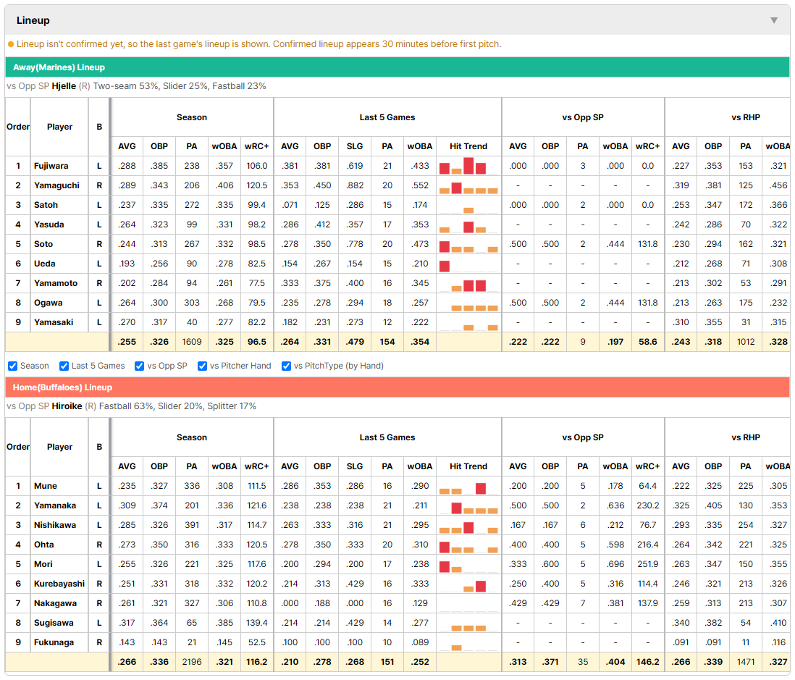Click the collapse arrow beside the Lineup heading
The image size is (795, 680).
click(x=774, y=20)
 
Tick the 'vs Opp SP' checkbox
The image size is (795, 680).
click(x=140, y=366)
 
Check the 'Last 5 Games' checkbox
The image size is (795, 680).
click(x=64, y=366)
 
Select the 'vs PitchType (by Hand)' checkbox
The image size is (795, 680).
click(x=287, y=366)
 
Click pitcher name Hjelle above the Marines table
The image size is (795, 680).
click(x=64, y=86)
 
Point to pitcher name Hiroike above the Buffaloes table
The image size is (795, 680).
click(x=67, y=406)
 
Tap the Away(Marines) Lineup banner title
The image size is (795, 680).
click(x=59, y=67)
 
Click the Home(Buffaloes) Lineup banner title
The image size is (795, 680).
click(x=62, y=387)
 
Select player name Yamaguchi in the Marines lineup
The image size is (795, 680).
click(x=56, y=185)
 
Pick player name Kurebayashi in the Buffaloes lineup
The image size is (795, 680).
click(x=59, y=584)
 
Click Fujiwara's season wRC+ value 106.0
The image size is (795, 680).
click(x=257, y=166)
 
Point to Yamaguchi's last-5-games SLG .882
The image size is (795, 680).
click(x=355, y=185)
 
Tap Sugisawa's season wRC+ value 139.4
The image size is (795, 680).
click(x=257, y=623)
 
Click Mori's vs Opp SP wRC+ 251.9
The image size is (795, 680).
click(x=648, y=564)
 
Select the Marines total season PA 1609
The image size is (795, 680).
click(x=192, y=342)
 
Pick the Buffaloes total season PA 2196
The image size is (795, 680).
click(x=192, y=662)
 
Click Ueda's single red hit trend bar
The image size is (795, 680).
click(x=445, y=266)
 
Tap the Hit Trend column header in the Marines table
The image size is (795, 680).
click(x=468, y=146)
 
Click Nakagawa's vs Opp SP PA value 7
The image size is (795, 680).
click(x=583, y=603)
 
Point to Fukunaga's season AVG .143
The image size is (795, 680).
click(x=127, y=642)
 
